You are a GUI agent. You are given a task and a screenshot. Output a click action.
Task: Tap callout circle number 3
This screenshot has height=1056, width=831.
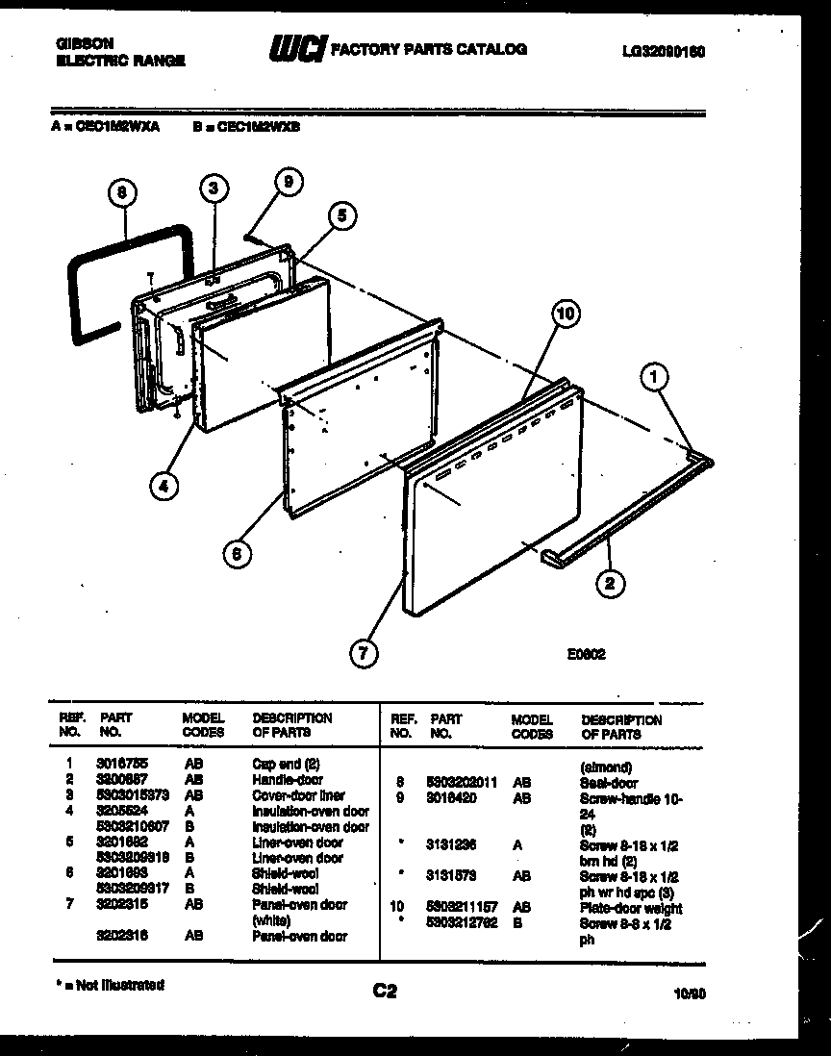click(x=214, y=188)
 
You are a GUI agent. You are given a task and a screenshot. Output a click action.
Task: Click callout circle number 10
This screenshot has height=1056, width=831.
click(x=567, y=314)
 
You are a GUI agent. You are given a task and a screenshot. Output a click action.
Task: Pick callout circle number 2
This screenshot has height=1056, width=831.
click(x=610, y=581)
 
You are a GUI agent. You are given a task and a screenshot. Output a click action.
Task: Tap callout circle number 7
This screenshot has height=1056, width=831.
click(x=363, y=654)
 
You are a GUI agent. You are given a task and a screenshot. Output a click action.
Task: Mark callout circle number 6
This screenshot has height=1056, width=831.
click(x=236, y=552)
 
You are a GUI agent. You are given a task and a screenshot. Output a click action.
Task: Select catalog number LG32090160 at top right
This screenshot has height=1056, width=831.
click(x=664, y=52)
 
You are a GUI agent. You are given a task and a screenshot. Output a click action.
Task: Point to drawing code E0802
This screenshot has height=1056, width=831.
click(x=585, y=651)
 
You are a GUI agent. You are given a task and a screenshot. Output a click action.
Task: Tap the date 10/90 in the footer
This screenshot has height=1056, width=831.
click(x=690, y=996)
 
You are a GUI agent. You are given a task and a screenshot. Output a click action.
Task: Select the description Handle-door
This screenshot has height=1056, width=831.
click(x=287, y=780)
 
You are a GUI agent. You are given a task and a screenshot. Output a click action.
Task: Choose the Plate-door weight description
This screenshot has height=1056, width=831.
click(x=631, y=908)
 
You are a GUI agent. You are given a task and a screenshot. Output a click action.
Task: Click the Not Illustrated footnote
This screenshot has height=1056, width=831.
click(x=107, y=985)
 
